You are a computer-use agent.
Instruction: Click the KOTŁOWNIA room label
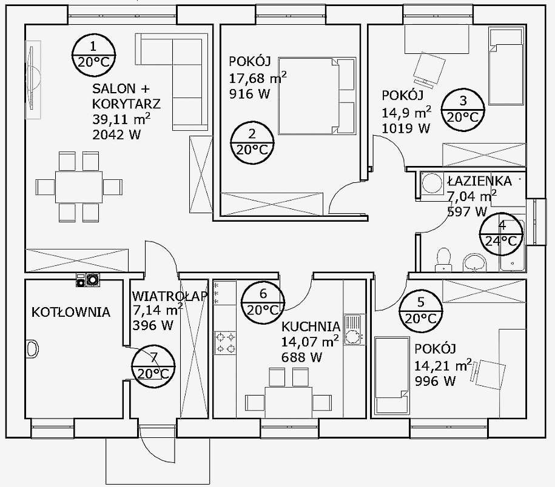(x=71, y=312)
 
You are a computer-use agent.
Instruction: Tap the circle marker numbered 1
(x=94, y=56)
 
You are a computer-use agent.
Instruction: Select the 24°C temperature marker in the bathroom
(x=501, y=234)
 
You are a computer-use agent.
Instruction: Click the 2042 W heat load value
(x=116, y=134)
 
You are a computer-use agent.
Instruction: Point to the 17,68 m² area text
(x=258, y=78)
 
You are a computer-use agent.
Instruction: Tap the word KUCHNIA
(x=311, y=326)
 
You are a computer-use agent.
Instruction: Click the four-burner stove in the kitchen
(x=225, y=343)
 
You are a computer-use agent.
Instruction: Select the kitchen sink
(x=354, y=330)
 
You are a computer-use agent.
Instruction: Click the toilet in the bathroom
(x=443, y=260)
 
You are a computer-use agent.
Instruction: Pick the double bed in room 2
(x=317, y=96)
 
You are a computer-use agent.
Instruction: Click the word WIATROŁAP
(x=170, y=296)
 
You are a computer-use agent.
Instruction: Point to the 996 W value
(x=435, y=382)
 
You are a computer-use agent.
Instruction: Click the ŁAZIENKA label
(x=479, y=181)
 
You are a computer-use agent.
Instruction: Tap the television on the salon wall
(x=33, y=80)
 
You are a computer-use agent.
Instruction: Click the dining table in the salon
(x=79, y=187)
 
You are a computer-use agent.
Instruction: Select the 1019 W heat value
(x=406, y=128)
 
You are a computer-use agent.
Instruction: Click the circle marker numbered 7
(x=153, y=366)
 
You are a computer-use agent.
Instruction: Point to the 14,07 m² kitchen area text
(x=310, y=342)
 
